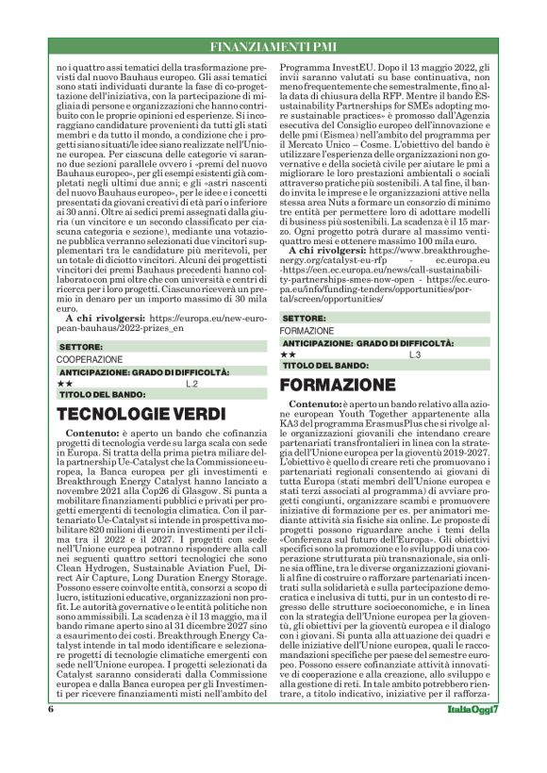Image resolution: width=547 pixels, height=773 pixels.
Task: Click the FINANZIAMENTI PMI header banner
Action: click(x=273, y=46)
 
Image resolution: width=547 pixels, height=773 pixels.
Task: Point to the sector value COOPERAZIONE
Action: click(x=90, y=360)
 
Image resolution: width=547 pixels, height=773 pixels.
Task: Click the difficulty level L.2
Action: click(x=191, y=385)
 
